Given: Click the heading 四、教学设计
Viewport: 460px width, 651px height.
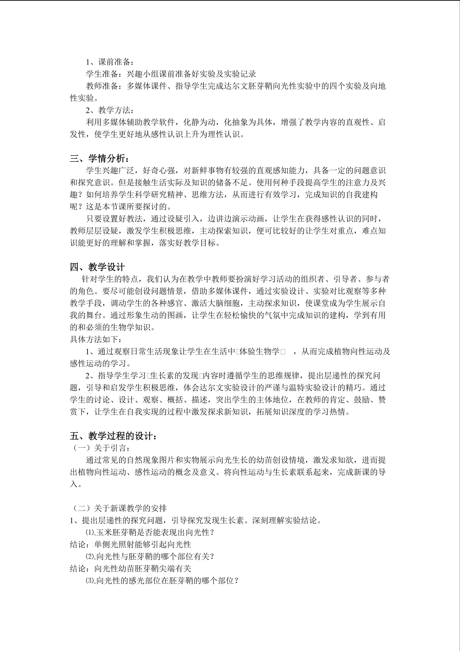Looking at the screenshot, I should point(97,267).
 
